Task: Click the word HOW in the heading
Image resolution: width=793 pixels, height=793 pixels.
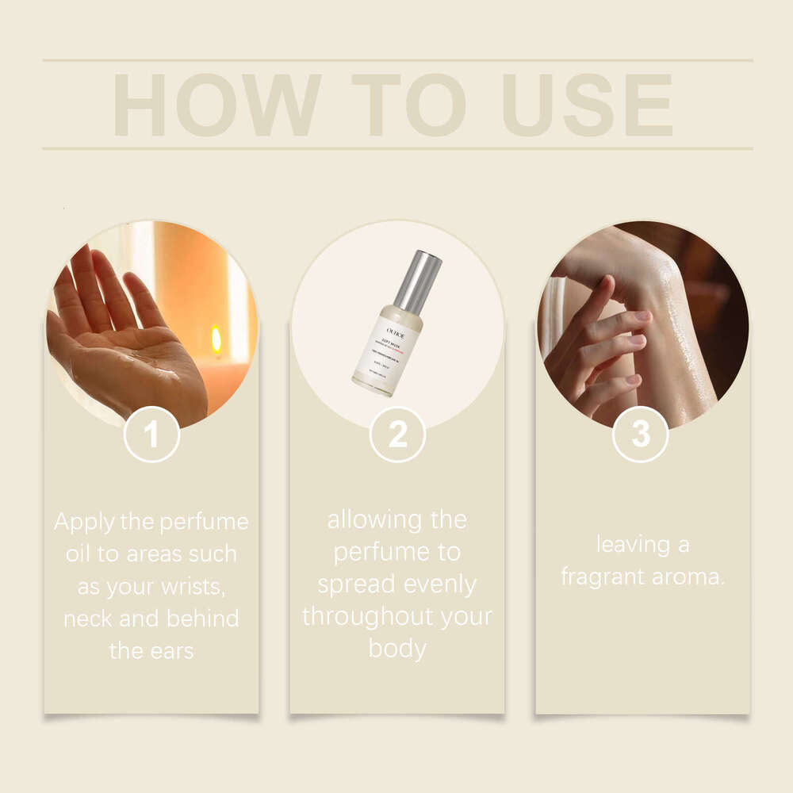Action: coord(216,105)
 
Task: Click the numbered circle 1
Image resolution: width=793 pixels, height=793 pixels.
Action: coord(151,434)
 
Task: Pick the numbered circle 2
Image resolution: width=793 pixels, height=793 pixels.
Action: coord(397,434)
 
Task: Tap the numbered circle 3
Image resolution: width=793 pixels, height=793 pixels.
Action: coord(640,434)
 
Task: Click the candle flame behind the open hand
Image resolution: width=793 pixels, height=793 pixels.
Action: coord(216,339)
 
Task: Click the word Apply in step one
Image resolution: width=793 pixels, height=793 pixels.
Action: coord(83,522)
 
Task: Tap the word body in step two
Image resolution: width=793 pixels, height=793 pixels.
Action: coord(397,649)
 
